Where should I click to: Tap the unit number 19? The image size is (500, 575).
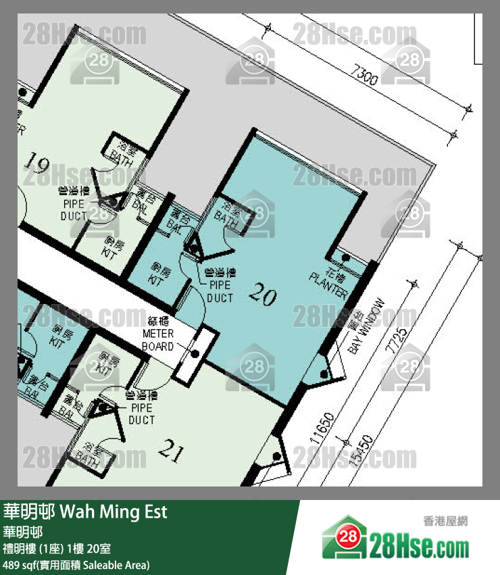tap(38, 163)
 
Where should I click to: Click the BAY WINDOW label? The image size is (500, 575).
tap(365, 326)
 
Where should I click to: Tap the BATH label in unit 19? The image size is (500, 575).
tap(123, 152)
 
